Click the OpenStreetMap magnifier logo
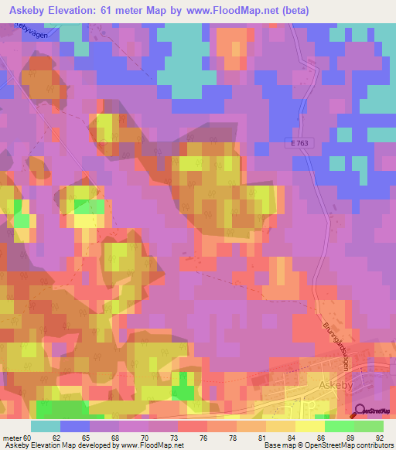coord(359,412)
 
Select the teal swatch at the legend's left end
coord(46,426)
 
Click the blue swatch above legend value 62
coord(75,426)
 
